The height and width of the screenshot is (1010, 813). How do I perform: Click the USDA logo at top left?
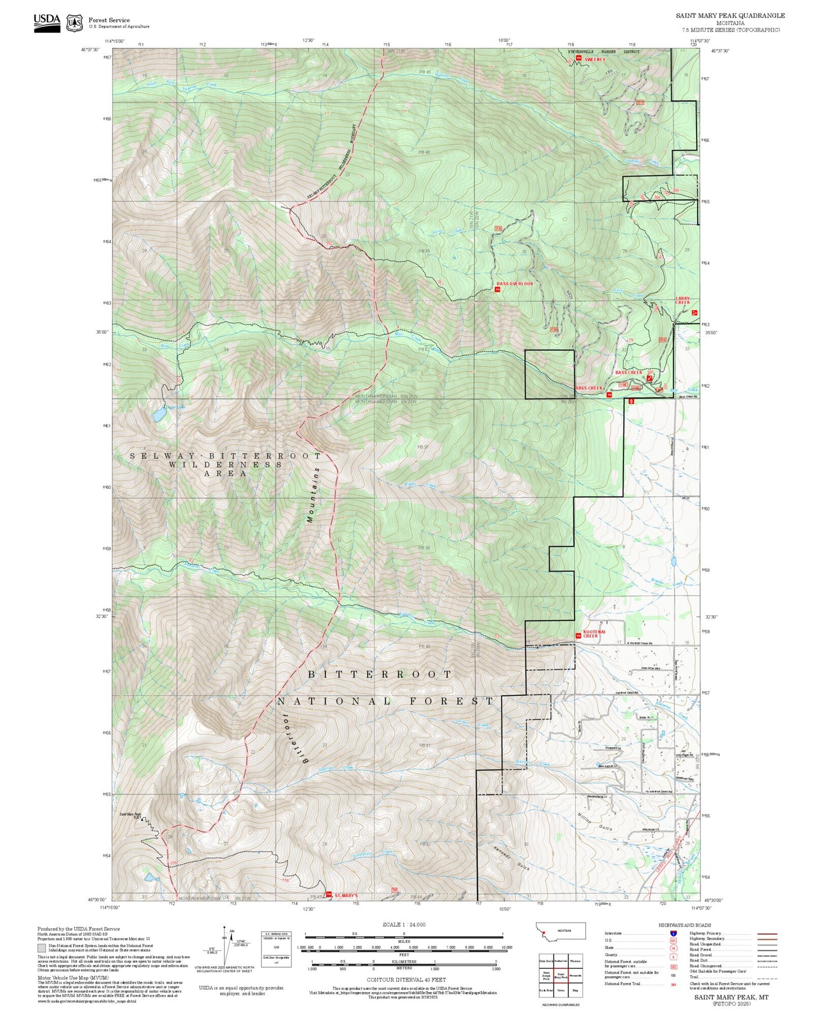47,23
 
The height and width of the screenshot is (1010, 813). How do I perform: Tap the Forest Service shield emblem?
74,23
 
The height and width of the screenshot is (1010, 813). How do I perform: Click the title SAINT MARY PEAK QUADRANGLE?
730,15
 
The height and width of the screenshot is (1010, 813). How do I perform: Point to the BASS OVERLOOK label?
514,284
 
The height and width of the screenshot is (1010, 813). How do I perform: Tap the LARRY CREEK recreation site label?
682,301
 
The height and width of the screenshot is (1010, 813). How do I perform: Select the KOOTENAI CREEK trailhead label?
594,634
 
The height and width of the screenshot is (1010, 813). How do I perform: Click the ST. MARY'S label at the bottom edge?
346,895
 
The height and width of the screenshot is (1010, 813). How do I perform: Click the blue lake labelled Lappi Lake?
159,415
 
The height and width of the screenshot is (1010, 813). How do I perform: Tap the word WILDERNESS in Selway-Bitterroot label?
226,464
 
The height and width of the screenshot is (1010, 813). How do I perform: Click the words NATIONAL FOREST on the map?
385,701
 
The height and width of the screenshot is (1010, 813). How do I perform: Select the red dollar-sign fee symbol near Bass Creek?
631,401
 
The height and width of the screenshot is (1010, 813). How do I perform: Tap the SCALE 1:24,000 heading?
403,924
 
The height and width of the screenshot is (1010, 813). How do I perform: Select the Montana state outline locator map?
561,931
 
